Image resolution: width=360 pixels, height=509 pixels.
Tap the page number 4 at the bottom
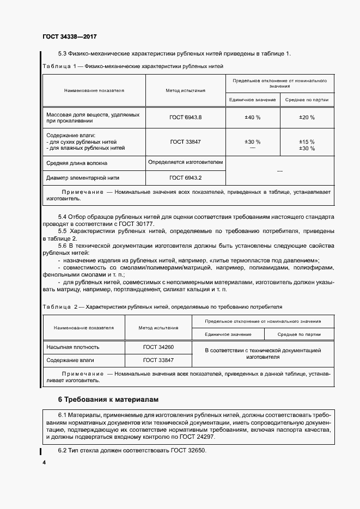pyautogui.click(x=44, y=462)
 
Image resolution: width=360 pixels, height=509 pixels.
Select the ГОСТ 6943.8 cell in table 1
pyautogui.click(x=185, y=117)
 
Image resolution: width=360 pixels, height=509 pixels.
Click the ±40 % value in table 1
pyautogui.click(x=252, y=117)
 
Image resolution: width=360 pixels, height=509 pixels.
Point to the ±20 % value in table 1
pyautogui.click(x=307, y=117)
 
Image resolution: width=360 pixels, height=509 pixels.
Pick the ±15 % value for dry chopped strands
pyautogui.click(x=307, y=142)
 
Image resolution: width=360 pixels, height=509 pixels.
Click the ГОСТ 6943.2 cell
pyautogui.click(x=185, y=177)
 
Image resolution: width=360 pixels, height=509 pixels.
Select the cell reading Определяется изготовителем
pyautogui.click(x=185, y=162)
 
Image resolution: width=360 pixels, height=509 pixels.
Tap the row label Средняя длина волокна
pyautogui.click(x=77, y=163)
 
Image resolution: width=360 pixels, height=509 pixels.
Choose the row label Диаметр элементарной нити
pyautogui.click(x=83, y=177)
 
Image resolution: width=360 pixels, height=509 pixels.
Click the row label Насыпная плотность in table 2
pyautogui.click(x=73, y=347)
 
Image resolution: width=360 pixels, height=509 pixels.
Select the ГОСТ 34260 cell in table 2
pyautogui.click(x=158, y=347)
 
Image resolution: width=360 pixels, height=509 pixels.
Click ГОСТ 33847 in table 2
pyautogui.click(x=158, y=360)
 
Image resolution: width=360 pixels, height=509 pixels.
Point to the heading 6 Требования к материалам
pyautogui.click(x=108, y=400)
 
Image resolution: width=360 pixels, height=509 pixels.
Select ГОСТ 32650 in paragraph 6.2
pyautogui.click(x=188, y=451)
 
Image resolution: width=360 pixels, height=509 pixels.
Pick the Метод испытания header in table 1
pyautogui.click(x=185, y=90)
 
